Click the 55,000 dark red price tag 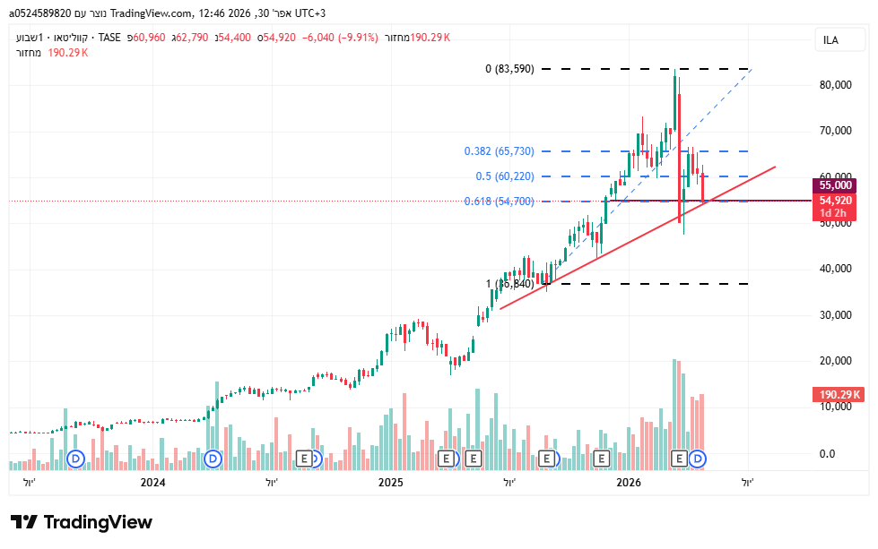click(836, 184)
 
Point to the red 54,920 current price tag click(836, 201)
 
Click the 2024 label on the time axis click(153, 483)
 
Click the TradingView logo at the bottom click(82, 522)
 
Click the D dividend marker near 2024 click(213, 459)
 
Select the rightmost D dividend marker click(697, 459)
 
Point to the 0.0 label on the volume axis click(829, 454)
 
